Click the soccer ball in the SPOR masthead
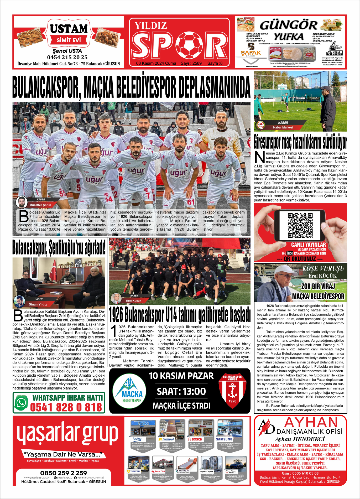pos(189,45)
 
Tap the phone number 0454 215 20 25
pos(67,57)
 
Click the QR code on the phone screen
pos(300,226)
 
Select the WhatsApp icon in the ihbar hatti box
pos(22,403)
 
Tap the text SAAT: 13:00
pos(181,392)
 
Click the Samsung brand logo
pos(224,439)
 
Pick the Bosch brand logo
pos(195,439)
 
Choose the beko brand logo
pos(137,439)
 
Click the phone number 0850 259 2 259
pos(64,473)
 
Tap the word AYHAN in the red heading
pos(311,422)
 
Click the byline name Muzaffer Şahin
pos(40,205)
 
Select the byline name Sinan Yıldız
pos(38,304)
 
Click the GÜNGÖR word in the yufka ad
pos(288,25)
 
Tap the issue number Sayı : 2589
pos(191,63)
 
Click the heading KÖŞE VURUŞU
pos(323,269)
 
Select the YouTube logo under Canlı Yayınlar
pos(290,253)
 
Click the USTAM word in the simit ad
pos(69,29)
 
